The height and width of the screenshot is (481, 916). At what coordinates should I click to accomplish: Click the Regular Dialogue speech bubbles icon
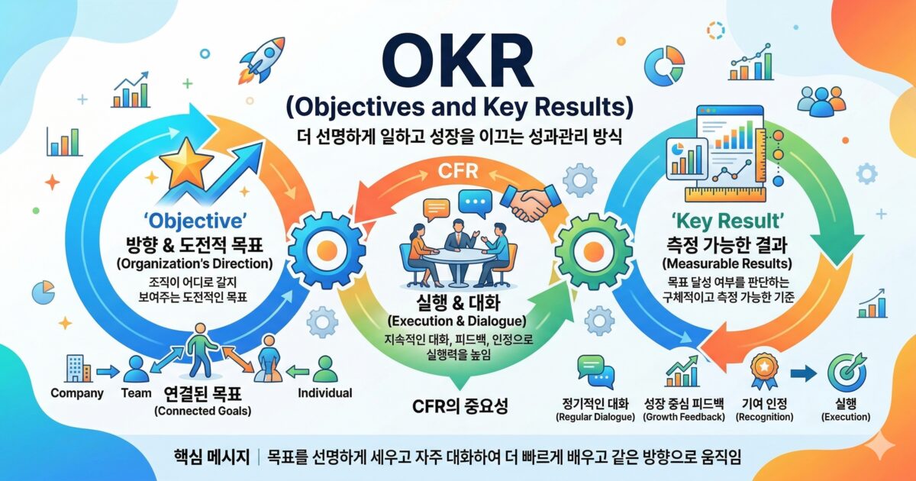(x=593, y=370)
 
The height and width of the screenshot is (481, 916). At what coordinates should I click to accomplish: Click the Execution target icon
(x=845, y=372)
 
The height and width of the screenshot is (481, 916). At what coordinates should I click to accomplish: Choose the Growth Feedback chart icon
(x=681, y=371)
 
